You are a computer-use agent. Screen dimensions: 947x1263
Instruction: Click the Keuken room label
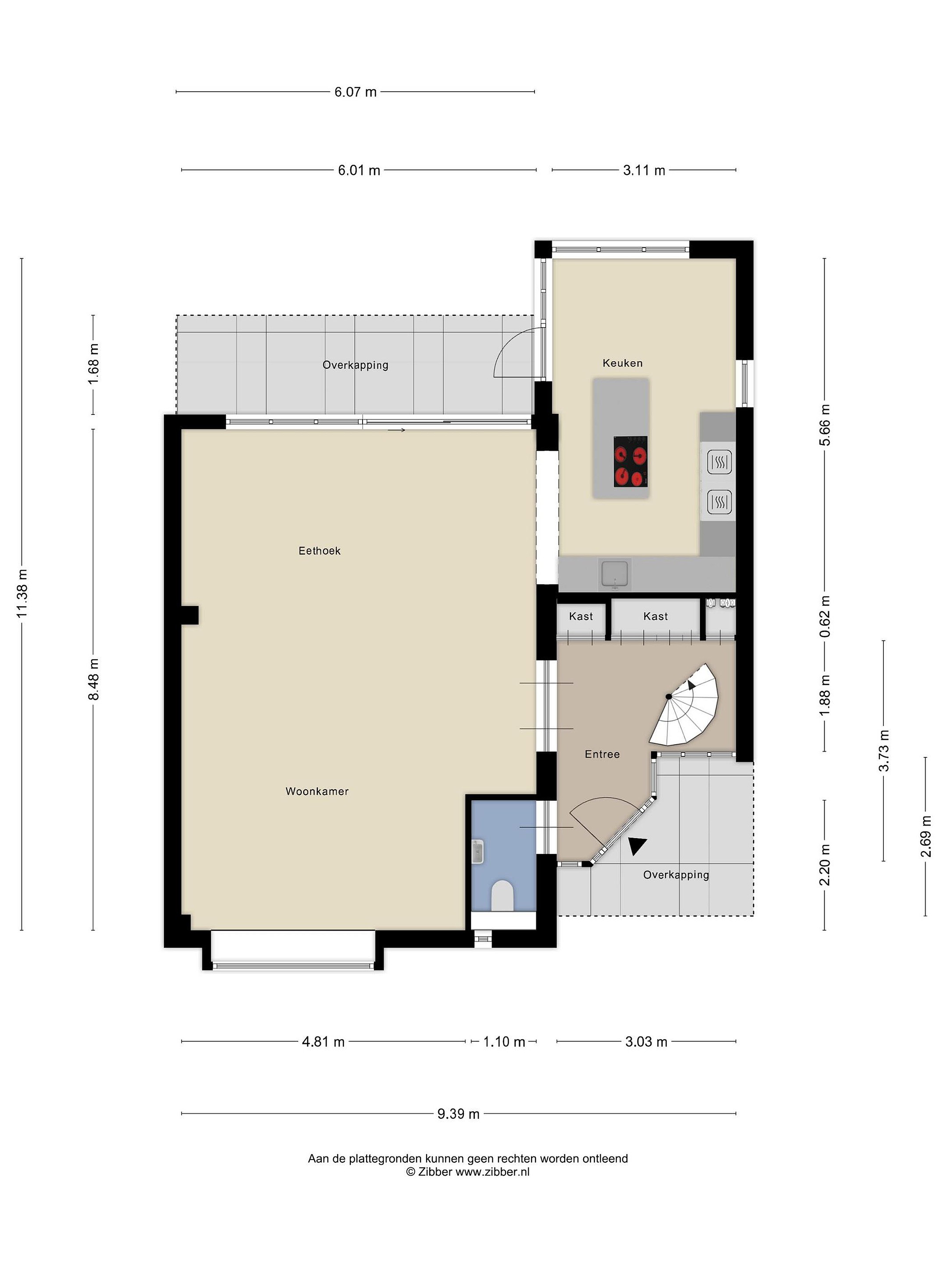coord(622,363)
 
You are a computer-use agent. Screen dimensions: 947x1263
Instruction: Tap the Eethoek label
coord(320,550)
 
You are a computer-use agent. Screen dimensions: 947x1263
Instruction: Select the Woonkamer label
coord(317,792)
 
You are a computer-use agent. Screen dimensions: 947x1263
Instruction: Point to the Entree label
coord(602,754)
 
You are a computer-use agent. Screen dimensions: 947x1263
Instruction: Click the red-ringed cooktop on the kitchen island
coord(631,461)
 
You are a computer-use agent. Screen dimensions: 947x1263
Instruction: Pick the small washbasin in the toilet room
coord(478,852)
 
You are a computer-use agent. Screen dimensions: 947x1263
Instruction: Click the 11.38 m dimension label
coord(21,593)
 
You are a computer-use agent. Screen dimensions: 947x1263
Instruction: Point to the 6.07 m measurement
coord(356,92)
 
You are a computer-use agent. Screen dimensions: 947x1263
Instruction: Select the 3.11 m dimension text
coord(644,170)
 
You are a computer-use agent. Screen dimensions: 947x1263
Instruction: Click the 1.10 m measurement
coord(504,1042)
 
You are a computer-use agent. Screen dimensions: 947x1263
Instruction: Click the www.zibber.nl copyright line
coord(467,1172)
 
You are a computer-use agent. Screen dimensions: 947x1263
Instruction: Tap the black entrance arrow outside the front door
coord(637,846)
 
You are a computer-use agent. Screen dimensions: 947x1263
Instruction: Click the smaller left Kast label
coord(581,616)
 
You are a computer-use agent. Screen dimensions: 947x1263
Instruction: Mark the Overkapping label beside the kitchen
coord(355,365)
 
